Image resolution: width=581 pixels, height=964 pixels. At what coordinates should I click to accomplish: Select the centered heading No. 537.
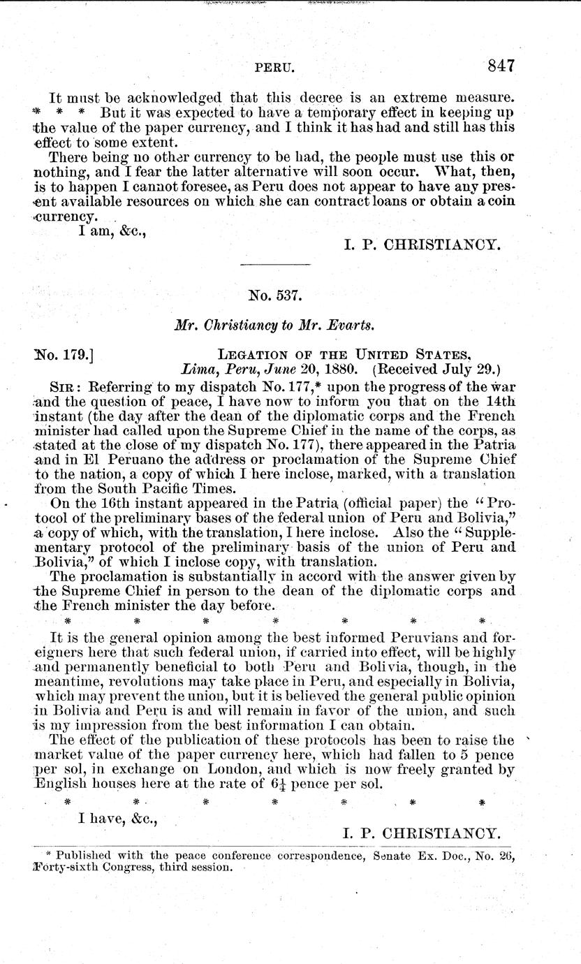point(275,295)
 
